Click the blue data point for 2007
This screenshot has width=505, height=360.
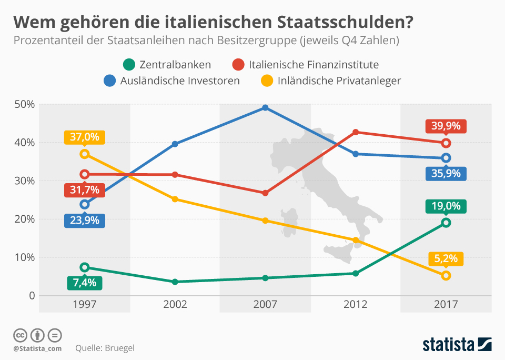click(x=265, y=107)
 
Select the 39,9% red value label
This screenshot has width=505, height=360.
click(x=446, y=126)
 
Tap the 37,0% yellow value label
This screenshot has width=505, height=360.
click(x=85, y=137)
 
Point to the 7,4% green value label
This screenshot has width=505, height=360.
click(x=85, y=283)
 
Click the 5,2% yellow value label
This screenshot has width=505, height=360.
click(x=446, y=259)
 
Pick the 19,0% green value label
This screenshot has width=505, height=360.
click(x=446, y=206)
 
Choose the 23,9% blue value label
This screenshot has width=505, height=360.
click(x=85, y=220)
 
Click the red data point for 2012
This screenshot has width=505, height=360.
click(x=356, y=132)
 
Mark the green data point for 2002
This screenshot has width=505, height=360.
click(x=175, y=282)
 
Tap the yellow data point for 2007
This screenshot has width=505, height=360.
click(x=265, y=221)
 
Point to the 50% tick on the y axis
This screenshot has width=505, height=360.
click(x=24, y=104)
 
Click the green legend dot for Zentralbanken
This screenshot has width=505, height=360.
click(x=127, y=65)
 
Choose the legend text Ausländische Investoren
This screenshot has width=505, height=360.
click(x=180, y=81)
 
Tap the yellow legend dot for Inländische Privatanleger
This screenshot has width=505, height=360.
click(x=268, y=81)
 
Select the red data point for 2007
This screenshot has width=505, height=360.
click(x=265, y=193)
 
